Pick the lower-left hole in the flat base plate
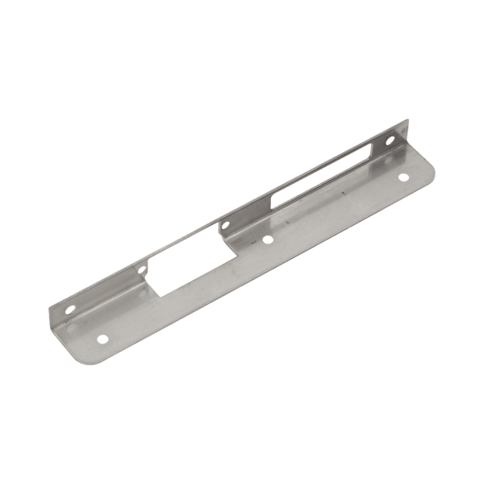point(102,340)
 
